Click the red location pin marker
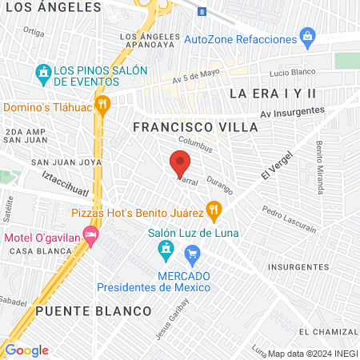[180, 164]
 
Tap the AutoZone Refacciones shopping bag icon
[306, 37]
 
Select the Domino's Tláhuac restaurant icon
[102, 106]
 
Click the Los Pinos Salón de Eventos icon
[42, 74]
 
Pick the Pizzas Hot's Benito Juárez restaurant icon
[214, 212]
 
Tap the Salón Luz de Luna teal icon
[166, 252]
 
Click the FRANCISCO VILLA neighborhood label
[195, 127]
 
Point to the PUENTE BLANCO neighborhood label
[93, 310]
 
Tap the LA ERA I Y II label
[273, 94]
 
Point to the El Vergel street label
[272, 166]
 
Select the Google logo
[26, 350]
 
